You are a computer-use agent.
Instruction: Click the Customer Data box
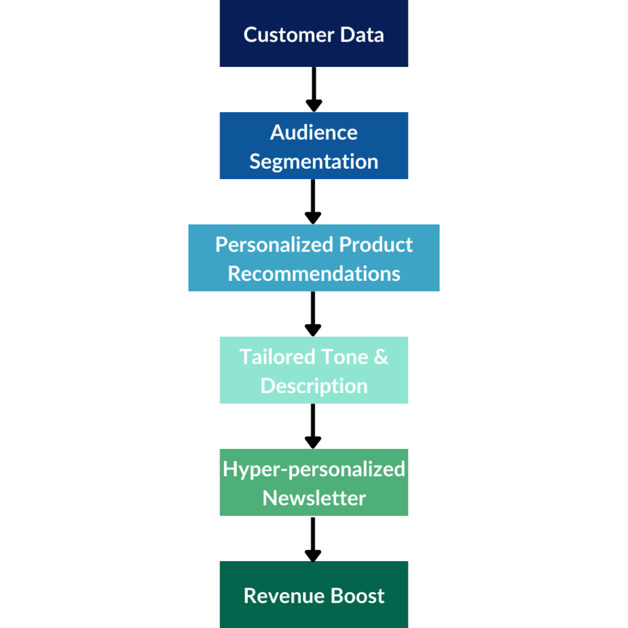click(x=313, y=33)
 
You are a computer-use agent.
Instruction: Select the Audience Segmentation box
click(x=313, y=145)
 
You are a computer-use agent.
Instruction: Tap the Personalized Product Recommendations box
click(x=313, y=258)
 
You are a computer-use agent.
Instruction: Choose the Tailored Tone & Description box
click(x=313, y=370)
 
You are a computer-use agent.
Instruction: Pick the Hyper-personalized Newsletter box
click(x=313, y=482)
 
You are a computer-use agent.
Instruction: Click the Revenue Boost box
click(x=313, y=594)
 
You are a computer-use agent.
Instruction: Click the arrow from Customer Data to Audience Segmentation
click(x=313, y=89)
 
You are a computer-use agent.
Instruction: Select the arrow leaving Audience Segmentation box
click(x=313, y=201)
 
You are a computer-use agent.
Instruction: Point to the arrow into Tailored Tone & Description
click(x=313, y=313)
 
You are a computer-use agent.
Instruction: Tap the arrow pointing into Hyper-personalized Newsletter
click(x=313, y=426)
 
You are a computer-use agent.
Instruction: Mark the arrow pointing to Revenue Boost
click(x=313, y=538)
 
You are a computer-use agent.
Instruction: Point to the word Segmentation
click(x=313, y=162)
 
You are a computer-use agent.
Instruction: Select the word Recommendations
click(x=313, y=274)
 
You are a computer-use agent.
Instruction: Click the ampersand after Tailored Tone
click(x=380, y=356)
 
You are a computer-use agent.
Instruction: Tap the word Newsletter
click(x=313, y=498)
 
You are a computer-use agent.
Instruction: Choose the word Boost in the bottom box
click(x=356, y=595)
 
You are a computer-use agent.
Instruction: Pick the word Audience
click(x=313, y=132)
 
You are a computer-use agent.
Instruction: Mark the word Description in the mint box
click(x=313, y=386)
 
